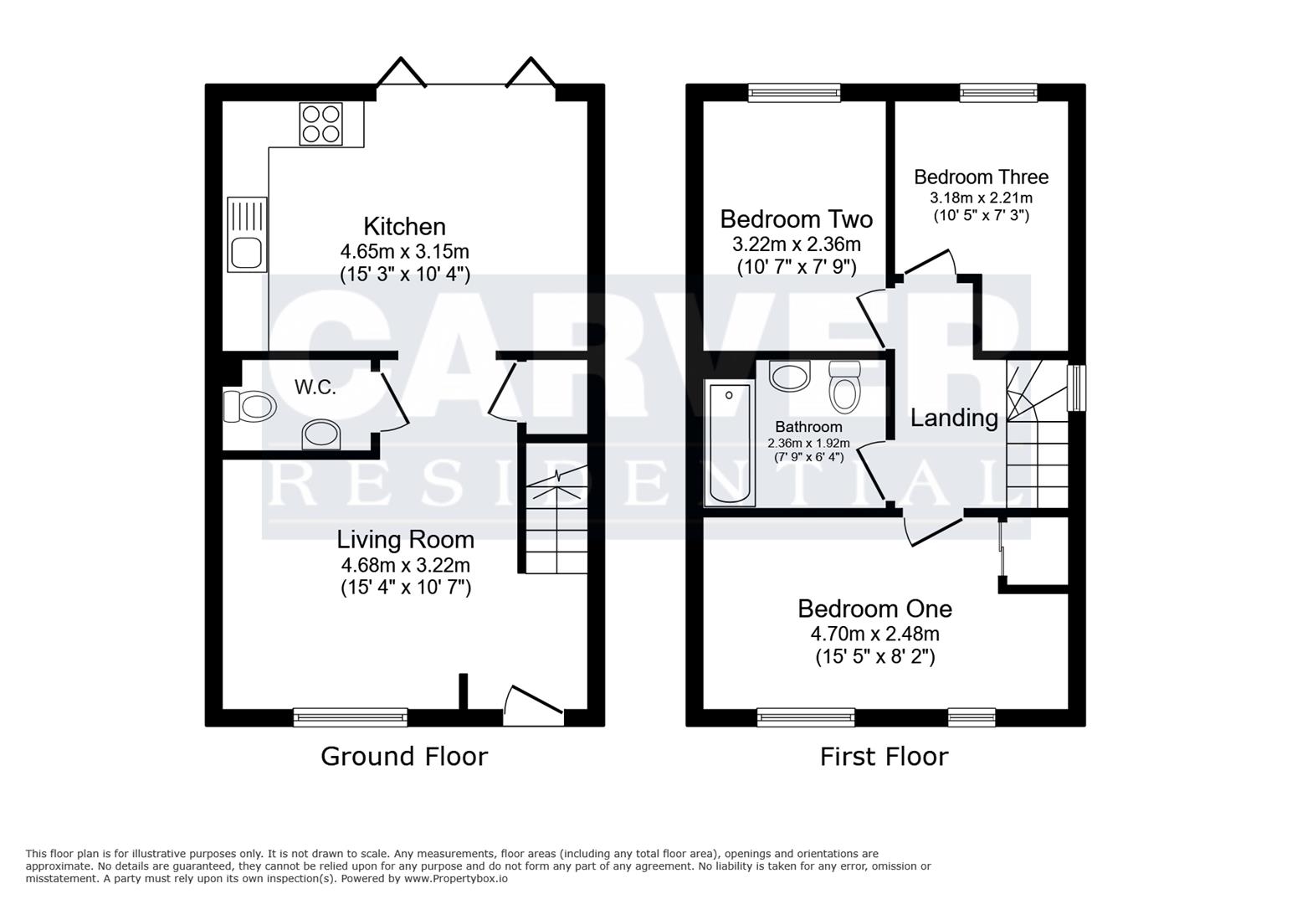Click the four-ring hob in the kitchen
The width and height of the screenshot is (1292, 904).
[x=321, y=124]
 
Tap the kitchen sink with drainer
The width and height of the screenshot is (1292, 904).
[x=247, y=234]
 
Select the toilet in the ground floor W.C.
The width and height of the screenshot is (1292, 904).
[x=249, y=407]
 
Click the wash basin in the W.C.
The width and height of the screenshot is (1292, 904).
[x=321, y=434]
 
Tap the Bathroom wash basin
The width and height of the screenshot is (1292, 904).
[x=791, y=376]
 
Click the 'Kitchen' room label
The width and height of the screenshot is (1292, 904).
[x=404, y=227]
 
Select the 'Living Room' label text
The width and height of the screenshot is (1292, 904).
[x=405, y=540]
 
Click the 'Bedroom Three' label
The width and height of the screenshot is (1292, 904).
[x=981, y=177]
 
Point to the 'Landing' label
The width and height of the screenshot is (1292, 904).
[x=954, y=418]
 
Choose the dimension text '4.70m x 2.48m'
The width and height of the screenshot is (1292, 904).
[x=874, y=634]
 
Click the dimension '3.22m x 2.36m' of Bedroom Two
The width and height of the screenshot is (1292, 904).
[x=796, y=244]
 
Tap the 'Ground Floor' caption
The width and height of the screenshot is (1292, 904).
[x=404, y=757]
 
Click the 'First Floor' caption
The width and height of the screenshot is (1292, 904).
[x=884, y=757]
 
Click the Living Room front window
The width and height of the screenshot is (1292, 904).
[x=351, y=717]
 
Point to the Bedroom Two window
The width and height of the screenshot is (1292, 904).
[x=794, y=92]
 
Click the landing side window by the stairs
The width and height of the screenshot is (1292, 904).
[x=1076, y=388]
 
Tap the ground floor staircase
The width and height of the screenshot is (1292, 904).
[x=556, y=519]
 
